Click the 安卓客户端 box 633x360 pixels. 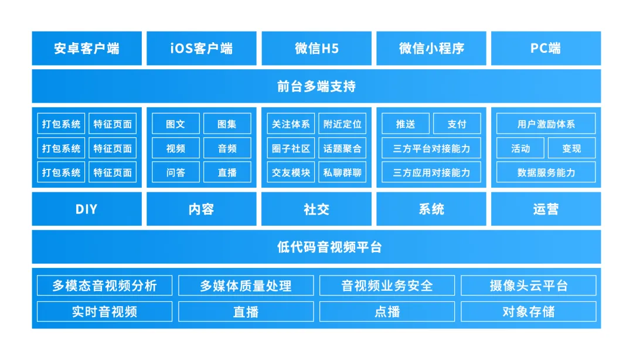pyautogui.click(x=87, y=48)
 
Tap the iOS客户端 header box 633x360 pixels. pyautogui.click(x=202, y=48)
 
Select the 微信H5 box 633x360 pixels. pyautogui.click(x=316, y=48)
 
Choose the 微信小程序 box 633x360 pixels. pyautogui.click(x=431, y=48)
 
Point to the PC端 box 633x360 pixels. pyautogui.click(x=546, y=48)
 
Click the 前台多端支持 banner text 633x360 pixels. pyautogui.click(x=316, y=86)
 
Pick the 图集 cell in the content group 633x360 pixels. pyautogui.click(x=227, y=124)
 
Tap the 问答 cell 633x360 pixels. pyautogui.click(x=176, y=172)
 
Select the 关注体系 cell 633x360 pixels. pyautogui.click(x=291, y=124)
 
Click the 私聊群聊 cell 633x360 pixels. pyautogui.click(x=342, y=172)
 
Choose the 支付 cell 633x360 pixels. pyautogui.click(x=457, y=124)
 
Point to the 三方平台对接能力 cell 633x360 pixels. pyautogui.click(x=431, y=148)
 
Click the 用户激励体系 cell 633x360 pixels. pyautogui.click(x=546, y=124)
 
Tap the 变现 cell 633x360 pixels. pyautogui.click(x=571, y=148)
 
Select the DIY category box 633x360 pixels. pyautogui.click(x=87, y=209)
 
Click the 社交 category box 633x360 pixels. pyautogui.click(x=316, y=209)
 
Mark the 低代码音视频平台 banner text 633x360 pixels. pyautogui.click(x=329, y=247)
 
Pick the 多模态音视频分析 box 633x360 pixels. pyautogui.click(x=104, y=286)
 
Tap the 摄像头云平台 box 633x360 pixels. pyautogui.click(x=529, y=286)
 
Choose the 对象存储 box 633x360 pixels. pyautogui.click(x=529, y=311)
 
